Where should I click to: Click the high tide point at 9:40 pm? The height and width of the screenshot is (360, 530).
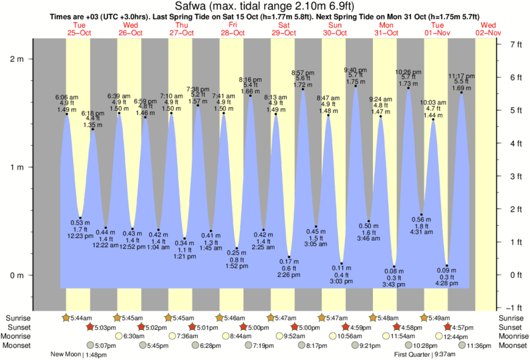(x=356, y=85)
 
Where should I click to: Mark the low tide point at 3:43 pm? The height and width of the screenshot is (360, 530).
(x=395, y=266)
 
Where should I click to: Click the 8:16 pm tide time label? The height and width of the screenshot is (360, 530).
(x=250, y=79)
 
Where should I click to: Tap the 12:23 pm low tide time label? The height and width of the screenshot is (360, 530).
(x=80, y=235)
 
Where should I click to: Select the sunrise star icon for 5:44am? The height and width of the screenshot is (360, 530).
(x=66, y=318)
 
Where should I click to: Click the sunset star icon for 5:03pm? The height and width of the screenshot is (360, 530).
(x=90, y=327)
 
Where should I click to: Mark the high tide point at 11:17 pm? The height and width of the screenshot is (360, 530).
(x=461, y=92)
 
